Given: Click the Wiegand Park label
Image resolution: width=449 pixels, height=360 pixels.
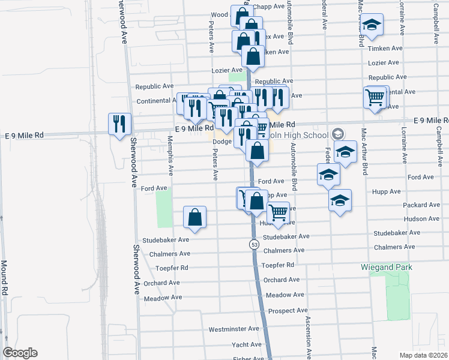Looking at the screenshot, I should (384, 265).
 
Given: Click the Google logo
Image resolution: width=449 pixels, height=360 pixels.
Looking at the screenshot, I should (20, 353).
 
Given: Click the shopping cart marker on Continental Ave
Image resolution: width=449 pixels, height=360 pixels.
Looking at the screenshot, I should (375, 96).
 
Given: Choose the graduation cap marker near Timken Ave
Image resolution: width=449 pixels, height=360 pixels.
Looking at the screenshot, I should (372, 24).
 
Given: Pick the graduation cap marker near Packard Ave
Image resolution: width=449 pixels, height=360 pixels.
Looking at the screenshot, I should (340, 200).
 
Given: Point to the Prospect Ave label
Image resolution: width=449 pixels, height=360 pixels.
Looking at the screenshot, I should (288, 311).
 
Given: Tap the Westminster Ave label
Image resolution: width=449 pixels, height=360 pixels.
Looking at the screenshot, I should (234, 329).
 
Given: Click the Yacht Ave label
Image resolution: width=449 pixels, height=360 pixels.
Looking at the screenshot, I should (247, 345).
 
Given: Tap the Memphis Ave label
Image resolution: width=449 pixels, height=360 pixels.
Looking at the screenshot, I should (171, 155).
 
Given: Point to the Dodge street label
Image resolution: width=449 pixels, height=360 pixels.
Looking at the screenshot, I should (221, 142).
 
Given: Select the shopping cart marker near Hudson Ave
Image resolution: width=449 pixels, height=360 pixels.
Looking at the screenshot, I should (278, 212).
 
